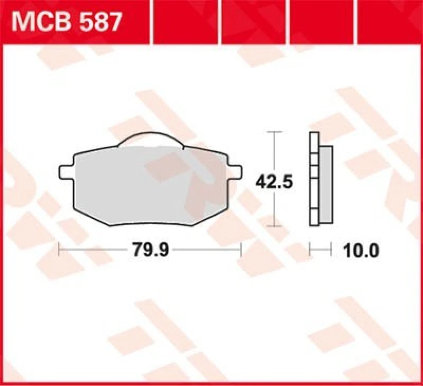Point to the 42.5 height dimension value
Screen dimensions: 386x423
point(274,182)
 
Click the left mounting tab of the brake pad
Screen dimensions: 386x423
point(65,172)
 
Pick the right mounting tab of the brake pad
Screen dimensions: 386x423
point(235,171)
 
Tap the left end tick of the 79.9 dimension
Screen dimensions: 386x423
point(59,249)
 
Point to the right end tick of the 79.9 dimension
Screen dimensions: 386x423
point(241,249)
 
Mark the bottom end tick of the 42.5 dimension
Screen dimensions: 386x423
point(273,226)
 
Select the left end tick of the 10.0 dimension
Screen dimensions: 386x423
point(310,249)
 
